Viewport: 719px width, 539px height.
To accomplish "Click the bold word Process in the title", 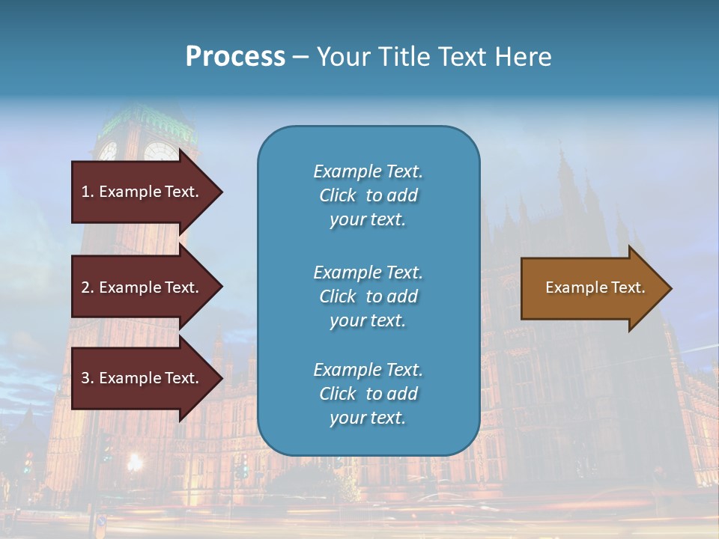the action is coord(235,57).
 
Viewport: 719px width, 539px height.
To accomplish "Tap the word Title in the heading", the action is coord(407,57).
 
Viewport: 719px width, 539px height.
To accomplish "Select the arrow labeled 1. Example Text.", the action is coord(142,192).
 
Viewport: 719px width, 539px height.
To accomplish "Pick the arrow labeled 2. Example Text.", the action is coord(142,287).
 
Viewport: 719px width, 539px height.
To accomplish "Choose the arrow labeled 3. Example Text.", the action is coord(142,378).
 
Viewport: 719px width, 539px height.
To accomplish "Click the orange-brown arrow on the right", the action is coord(592,288).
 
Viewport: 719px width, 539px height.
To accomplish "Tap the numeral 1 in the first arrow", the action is coord(85,192).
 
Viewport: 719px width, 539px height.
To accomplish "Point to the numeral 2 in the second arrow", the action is coord(85,287).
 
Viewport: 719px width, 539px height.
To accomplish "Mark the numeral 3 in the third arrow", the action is coord(85,378).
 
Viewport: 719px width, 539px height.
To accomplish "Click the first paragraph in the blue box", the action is coord(368,195).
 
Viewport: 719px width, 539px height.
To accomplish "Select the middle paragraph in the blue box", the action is coord(368,296).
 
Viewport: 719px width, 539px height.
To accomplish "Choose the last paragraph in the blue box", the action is coord(368,394).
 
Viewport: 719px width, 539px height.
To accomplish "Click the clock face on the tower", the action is coord(160,152).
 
